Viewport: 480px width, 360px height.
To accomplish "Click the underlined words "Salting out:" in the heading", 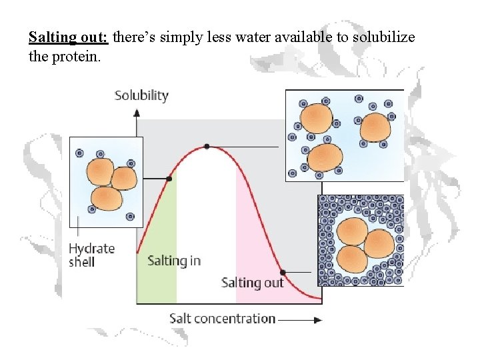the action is click(69, 37).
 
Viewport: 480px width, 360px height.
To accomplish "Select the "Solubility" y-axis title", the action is click(141, 95).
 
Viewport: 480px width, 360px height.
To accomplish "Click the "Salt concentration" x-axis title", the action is click(222, 318).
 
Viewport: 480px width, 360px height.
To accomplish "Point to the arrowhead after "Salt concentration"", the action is click(317, 319).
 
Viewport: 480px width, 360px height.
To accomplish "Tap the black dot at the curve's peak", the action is click(207, 146).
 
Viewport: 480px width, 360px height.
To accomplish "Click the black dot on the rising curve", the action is click(169, 179).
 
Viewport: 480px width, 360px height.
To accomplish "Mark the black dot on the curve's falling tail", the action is click(283, 272).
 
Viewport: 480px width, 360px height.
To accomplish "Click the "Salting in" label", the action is click(173, 260).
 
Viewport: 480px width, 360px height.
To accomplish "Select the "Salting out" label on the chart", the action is click(252, 283).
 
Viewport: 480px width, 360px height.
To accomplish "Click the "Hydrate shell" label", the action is click(91, 255).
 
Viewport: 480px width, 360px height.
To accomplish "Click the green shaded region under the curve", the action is click(157, 280).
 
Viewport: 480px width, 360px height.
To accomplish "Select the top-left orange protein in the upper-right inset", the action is click(316, 119).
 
